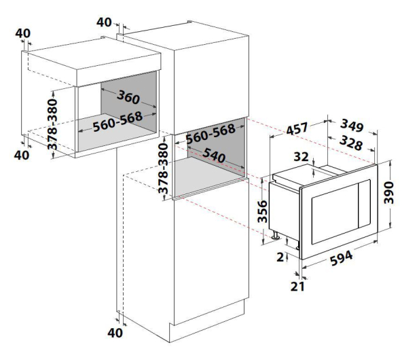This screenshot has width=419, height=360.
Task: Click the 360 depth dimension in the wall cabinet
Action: click(128, 97)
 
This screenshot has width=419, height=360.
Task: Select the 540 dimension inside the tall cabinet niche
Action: click(214, 155)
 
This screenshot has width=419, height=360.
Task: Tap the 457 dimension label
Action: click(297, 128)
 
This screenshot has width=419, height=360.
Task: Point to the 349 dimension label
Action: click(352, 126)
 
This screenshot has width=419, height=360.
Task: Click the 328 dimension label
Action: click(351, 143)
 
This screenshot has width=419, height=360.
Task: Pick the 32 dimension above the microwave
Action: click(301, 157)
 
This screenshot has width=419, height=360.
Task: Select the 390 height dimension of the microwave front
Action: click(389, 192)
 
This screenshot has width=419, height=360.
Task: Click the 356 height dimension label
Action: click(262, 211)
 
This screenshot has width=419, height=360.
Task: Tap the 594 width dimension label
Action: click(342, 258)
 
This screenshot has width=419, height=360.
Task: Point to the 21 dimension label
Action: click(297, 287)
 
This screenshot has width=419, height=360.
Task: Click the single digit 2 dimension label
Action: click(280, 257)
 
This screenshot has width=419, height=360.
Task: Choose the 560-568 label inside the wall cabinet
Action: click(117, 122)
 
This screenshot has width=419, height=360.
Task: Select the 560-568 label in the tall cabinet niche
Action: click(211, 134)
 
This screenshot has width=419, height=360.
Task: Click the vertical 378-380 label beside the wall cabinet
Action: click(52, 124)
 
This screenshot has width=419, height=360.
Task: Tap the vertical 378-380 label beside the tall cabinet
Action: click(163, 168)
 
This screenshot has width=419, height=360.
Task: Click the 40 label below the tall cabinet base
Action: click(115, 333)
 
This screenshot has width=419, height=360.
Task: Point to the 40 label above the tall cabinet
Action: click(104, 22)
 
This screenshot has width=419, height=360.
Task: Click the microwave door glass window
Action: click(334, 213)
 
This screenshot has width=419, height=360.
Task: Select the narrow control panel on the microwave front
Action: click(364, 204)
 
